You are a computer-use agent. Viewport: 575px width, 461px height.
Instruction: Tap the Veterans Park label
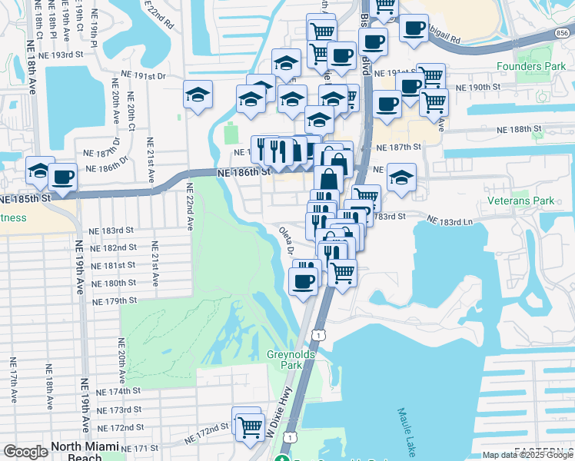(521, 201)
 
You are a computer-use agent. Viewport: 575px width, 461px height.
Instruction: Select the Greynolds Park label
(284, 360)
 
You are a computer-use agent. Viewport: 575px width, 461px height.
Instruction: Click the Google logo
(25, 452)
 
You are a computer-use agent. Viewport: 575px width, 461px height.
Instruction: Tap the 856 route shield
(563, 33)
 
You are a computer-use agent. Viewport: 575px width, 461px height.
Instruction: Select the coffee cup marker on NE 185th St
(62, 177)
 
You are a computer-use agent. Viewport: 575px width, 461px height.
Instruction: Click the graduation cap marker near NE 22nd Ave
(198, 95)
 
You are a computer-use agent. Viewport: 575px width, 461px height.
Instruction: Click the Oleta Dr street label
(287, 240)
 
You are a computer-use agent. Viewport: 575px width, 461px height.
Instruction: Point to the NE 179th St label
(114, 300)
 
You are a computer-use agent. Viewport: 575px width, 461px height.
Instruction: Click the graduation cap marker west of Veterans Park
(401, 178)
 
